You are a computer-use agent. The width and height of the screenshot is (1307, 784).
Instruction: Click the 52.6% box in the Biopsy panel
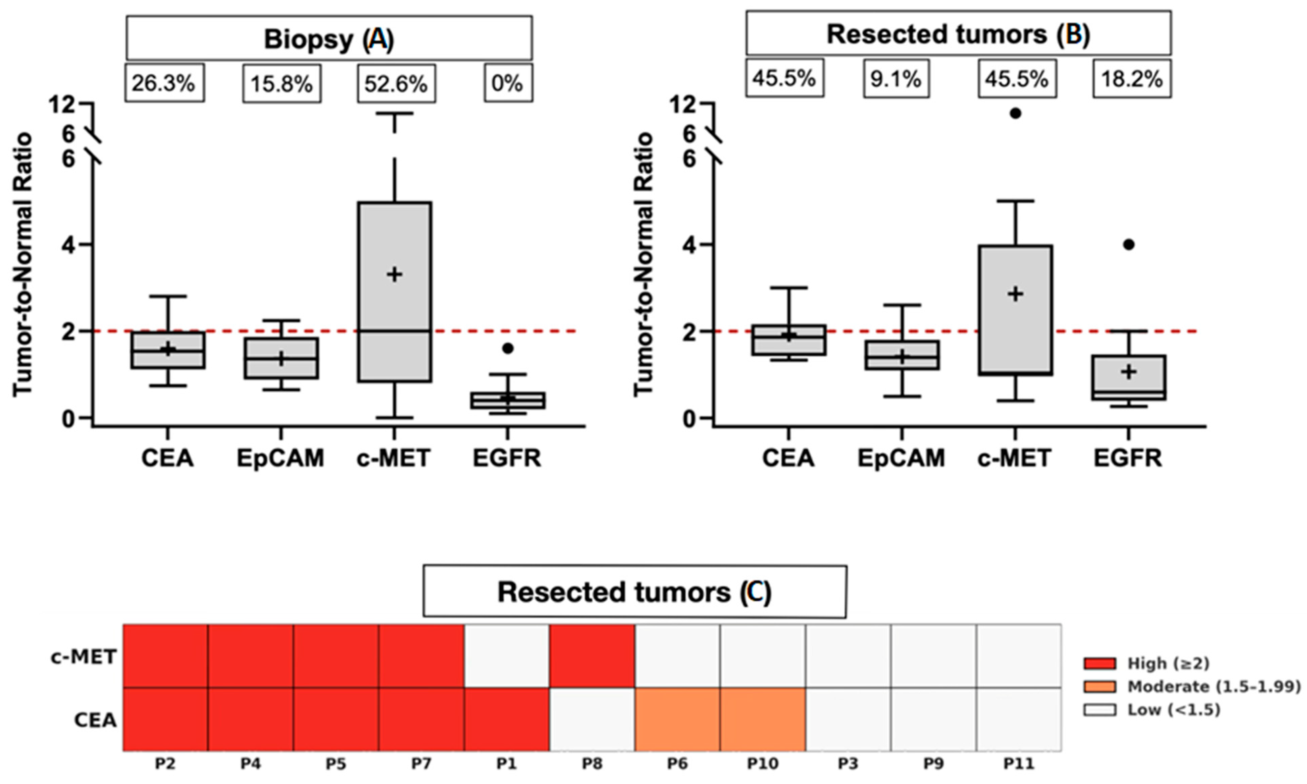coord(396,83)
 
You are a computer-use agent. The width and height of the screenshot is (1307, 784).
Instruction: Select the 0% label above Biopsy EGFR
coord(508,83)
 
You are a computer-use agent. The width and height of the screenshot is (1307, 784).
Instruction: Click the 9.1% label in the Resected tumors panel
coord(896,79)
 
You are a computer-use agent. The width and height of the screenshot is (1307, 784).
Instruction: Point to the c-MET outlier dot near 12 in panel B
coord(1015,113)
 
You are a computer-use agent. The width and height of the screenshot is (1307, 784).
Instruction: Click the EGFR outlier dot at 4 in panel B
coord(1128,244)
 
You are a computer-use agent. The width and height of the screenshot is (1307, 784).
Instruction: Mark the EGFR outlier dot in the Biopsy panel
coord(508,348)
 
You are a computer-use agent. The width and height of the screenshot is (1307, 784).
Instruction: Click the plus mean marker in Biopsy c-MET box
coord(394,274)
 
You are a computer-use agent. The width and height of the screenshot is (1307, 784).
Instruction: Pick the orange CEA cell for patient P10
coord(762,719)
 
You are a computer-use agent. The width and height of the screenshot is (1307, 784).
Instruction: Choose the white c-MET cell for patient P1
coord(507,656)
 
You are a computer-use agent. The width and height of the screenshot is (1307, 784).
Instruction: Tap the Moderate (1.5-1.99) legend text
coord(1213,687)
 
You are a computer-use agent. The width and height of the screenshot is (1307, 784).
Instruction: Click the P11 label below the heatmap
coord(1019,764)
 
